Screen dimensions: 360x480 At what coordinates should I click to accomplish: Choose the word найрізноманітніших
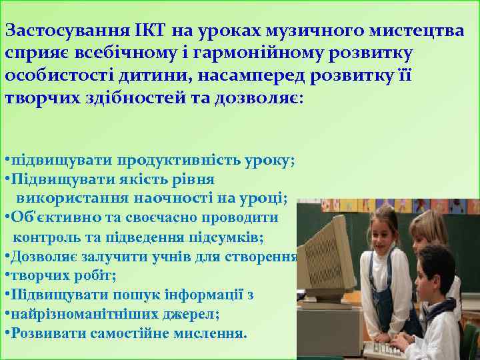[76, 313]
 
